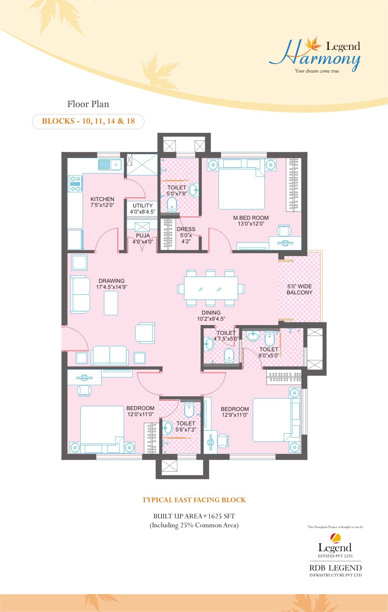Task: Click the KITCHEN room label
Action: (102, 199)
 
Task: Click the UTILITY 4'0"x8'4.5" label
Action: (142, 208)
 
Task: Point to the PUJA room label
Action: (143, 236)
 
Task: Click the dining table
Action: (211, 288)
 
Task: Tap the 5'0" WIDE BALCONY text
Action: (299, 289)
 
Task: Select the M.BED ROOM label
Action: (251, 218)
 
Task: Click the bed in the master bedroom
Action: (242, 187)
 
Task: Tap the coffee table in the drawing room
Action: (111, 303)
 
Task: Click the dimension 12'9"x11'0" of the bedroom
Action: (235, 415)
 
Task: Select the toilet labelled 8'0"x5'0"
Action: (269, 352)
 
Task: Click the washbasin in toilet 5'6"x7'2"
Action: (168, 427)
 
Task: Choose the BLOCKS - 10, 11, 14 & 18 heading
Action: (88, 121)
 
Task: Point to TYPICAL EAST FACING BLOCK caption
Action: (194, 500)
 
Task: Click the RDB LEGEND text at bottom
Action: (335, 568)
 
